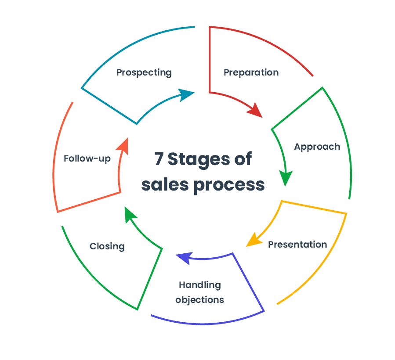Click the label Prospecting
pyautogui.click(x=144, y=72)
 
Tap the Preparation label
pyautogui.click(x=251, y=72)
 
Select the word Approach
pyautogui.click(x=317, y=147)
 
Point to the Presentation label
pyautogui.click(x=297, y=244)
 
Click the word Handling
pyautogui.click(x=199, y=285)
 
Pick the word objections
pyautogui.click(x=199, y=300)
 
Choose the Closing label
pyautogui.click(x=107, y=246)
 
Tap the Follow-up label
pyautogui.click(x=87, y=158)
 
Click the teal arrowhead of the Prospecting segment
pyautogui.click(x=187, y=94)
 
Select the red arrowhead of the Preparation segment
pyautogui.click(x=254, y=110)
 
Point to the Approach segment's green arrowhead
pyautogui.click(x=286, y=178)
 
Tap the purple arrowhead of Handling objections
pyautogui.click(x=184, y=258)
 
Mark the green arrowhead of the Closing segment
pyautogui.click(x=130, y=215)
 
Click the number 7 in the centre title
pyautogui.click(x=159, y=159)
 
